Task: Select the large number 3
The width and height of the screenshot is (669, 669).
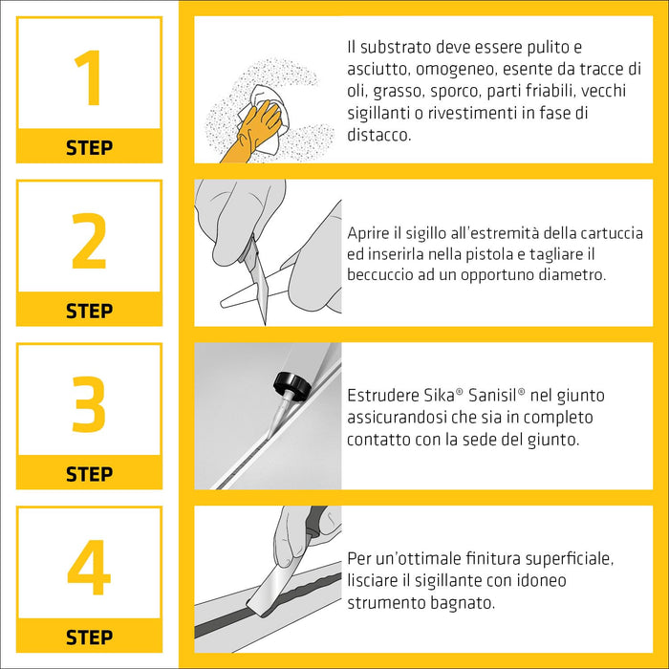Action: click(89, 404)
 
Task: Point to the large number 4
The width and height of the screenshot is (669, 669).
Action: click(89, 568)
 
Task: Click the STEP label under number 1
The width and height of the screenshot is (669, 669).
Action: click(89, 148)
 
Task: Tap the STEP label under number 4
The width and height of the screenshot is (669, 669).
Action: click(89, 637)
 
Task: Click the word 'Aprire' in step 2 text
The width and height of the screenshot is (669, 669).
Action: click(370, 234)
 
